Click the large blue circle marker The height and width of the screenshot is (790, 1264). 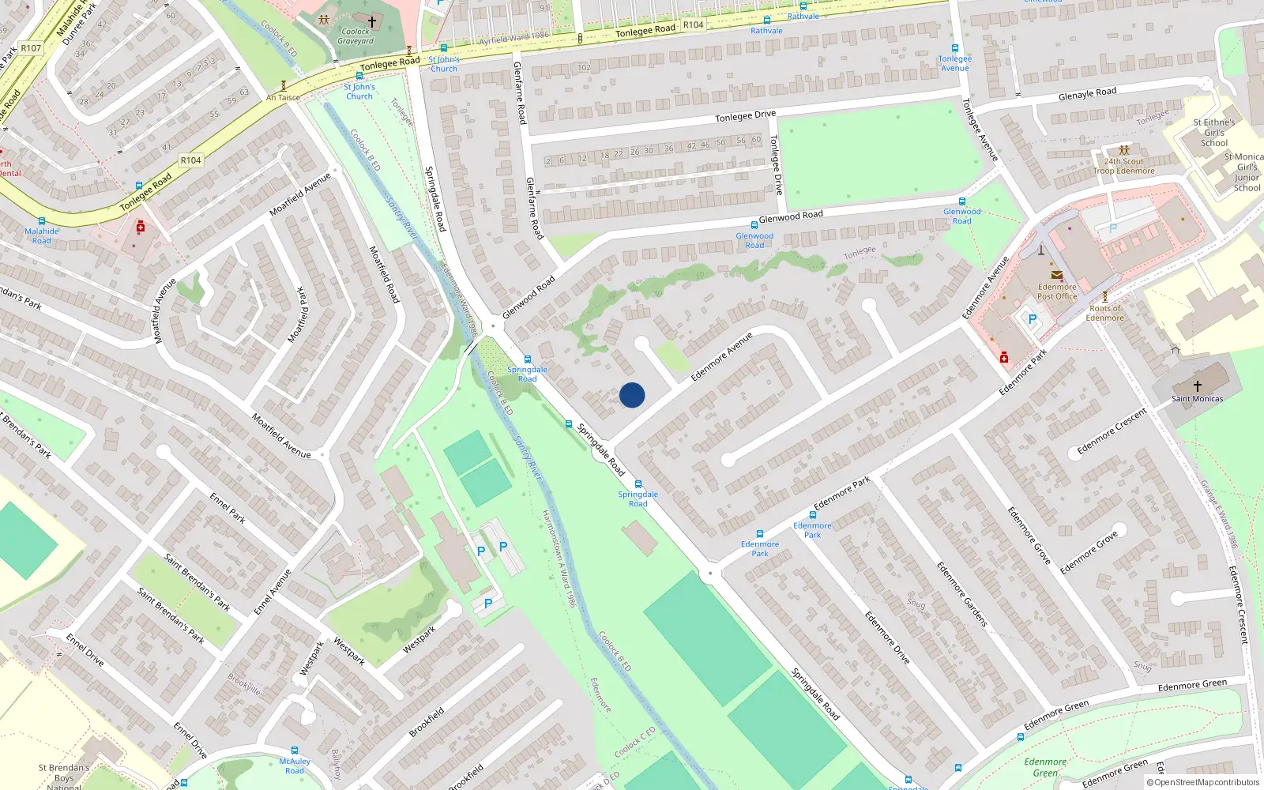pyautogui.click(x=632, y=395)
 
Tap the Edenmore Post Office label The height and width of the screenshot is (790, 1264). pyautogui.click(x=1057, y=292)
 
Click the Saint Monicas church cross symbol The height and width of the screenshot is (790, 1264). pyautogui.click(x=1198, y=386)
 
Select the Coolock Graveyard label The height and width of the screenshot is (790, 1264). pyautogui.click(x=355, y=36)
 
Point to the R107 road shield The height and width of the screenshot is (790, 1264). pyautogui.click(x=31, y=48)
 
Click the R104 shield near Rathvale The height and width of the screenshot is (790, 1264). pyautogui.click(x=693, y=25)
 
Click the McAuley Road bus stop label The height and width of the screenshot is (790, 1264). pyautogui.click(x=295, y=766)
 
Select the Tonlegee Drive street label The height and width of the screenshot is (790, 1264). pyautogui.click(x=745, y=116)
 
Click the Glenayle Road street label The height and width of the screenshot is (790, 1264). pyautogui.click(x=1087, y=94)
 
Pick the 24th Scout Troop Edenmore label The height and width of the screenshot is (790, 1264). pyautogui.click(x=1124, y=166)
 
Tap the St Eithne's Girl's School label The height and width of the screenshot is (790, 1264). pyautogui.click(x=1214, y=133)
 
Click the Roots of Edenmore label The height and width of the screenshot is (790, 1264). pyautogui.click(x=1104, y=313)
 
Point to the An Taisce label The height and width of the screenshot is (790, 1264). pyautogui.click(x=283, y=98)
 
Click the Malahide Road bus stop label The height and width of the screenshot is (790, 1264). pyautogui.click(x=41, y=236)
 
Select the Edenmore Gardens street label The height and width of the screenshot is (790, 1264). pyautogui.click(x=961, y=594)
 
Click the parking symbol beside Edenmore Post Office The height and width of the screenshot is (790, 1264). pyautogui.click(x=1032, y=320)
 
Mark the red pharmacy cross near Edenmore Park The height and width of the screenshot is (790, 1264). pyautogui.click(x=1004, y=358)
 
